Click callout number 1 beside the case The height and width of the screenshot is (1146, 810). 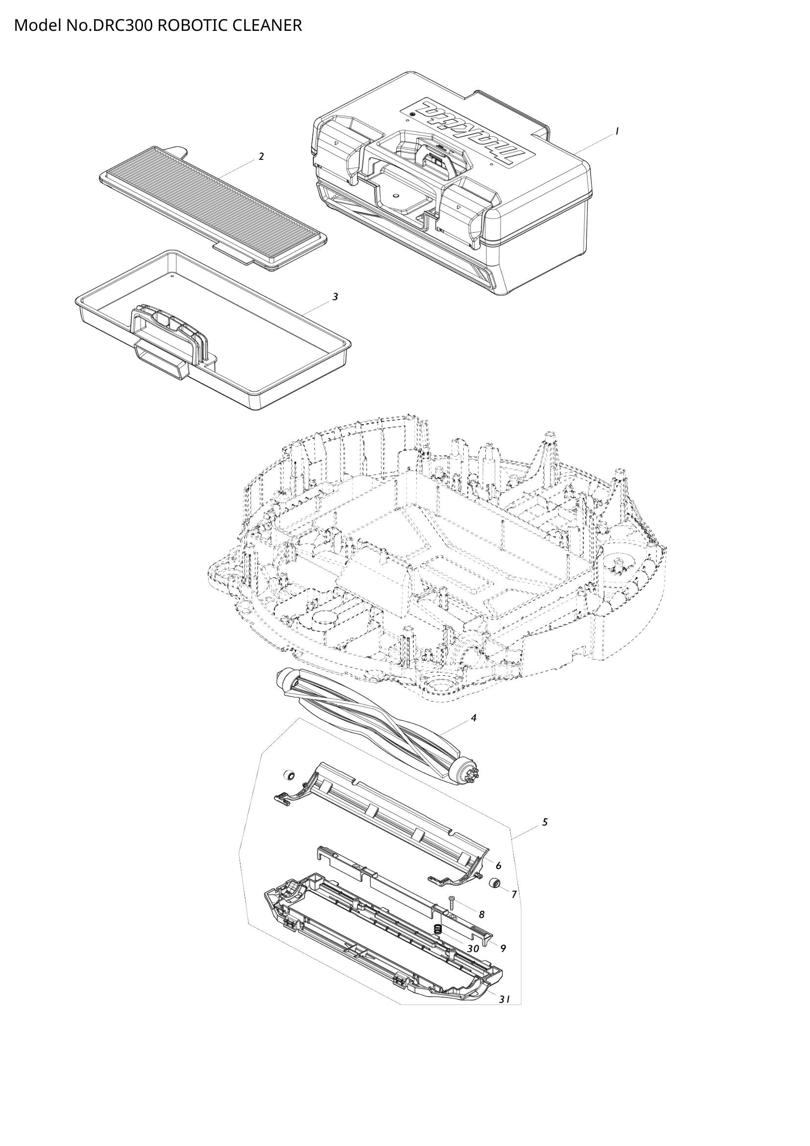617,131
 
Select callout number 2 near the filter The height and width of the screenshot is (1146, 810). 261,157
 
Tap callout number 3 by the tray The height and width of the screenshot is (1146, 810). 335,297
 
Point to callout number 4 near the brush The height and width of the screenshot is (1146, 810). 474,718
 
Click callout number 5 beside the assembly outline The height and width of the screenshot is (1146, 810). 545,822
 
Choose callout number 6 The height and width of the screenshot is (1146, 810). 498,866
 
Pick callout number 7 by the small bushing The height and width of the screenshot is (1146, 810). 514,895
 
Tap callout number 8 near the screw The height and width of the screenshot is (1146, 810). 481,915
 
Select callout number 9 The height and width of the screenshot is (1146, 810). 503,949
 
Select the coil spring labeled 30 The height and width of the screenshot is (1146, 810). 438,929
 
